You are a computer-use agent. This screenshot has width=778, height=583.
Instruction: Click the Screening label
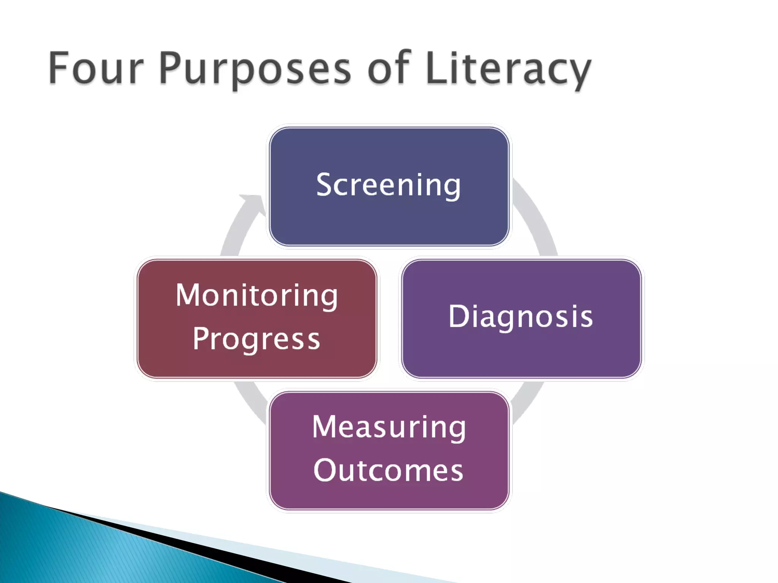pos(388,185)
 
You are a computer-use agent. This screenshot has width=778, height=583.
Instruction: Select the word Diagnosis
pos(520,317)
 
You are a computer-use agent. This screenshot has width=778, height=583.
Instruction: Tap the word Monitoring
pos(257,296)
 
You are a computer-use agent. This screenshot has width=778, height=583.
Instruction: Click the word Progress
pos(257,339)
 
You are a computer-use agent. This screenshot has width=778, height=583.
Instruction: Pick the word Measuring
pos(389,428)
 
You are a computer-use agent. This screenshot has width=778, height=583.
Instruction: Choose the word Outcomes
pos(388,471)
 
